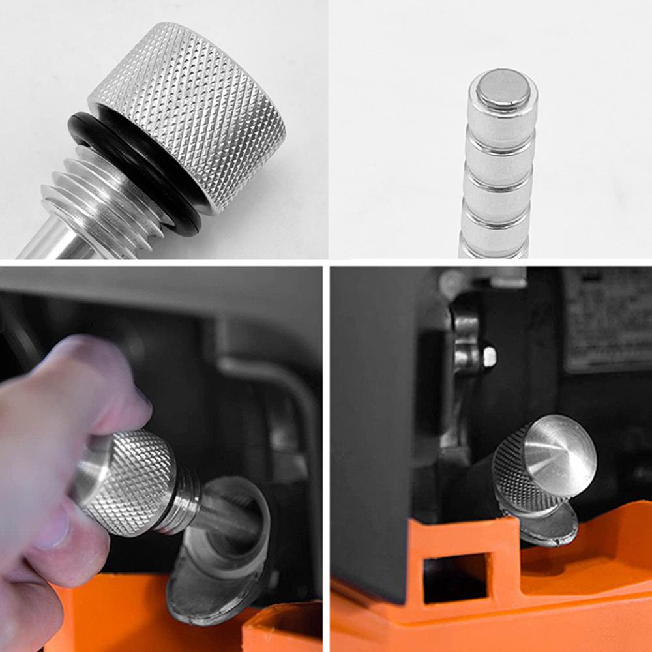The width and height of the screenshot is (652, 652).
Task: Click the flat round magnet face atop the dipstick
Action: point(503,89)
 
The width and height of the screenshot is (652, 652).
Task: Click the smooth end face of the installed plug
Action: point(561,447)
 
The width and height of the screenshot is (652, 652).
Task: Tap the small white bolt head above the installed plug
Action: point(489,356)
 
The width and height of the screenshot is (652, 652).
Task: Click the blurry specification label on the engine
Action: point(606,319)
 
